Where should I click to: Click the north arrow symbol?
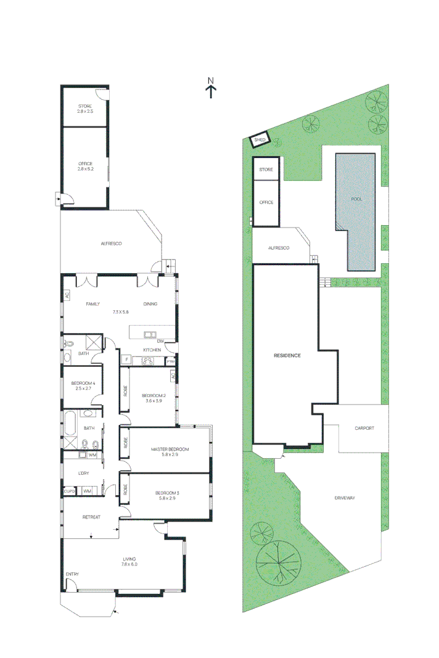[x=211, y=89]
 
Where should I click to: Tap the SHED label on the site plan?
[x=260, y=141]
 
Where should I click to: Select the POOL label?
[x=356, y=200]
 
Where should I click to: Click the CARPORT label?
[x=364, y=428]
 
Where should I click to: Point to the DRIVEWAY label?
[x=346, y=498]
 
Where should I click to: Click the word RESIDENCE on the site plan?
[x=287, y=356]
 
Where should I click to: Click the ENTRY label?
[x=72, y=574]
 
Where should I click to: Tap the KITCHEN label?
[x=152, y=350]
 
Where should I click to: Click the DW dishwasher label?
[x=160, y=341]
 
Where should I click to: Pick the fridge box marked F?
[x=126, y=359]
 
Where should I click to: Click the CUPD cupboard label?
[x=69, y=491]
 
